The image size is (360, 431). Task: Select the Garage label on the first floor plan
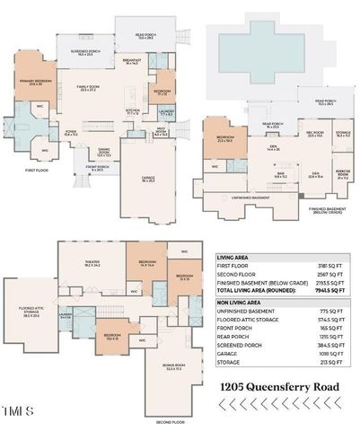point(148,178)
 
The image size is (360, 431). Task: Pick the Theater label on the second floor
point(92,265)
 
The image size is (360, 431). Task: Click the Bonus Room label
point(162,366)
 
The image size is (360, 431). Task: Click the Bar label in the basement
point(279,176)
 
